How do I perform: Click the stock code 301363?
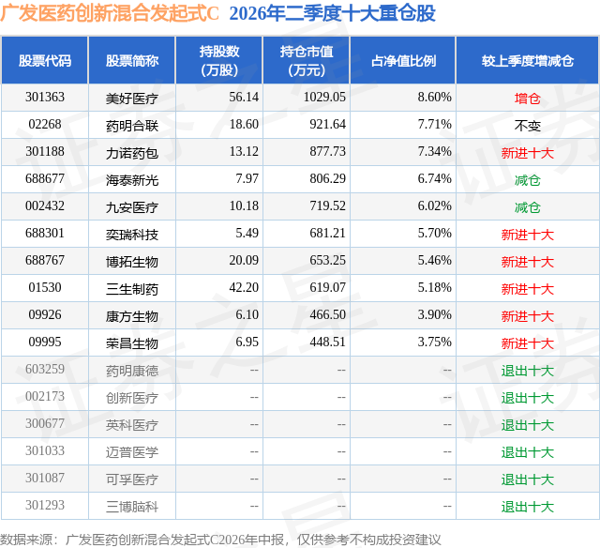(x=45, y=98)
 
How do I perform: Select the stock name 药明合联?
(x=132, y=125)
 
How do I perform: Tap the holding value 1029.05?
(x=324, y=98)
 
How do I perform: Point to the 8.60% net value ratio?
(x=435, y=98)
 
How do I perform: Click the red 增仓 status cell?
(x=527, y=99)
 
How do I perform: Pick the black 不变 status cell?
(x=527, y=126)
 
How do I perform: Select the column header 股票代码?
(x=45, y=60)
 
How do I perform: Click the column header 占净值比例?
(x=403, y=60)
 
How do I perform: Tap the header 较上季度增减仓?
(x=527, y=60)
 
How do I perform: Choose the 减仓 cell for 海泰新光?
(x=527, y=180)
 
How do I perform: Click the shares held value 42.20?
(x=244, y=287)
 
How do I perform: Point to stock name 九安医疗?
(x=132, y=207)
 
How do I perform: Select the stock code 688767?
(x=45, y=261)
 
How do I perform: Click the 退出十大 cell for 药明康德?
(x=527, y=371)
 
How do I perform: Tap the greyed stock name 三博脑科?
(x=132, y=507)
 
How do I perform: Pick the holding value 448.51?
(x=327, y=342)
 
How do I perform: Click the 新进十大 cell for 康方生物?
(x=527, y=316)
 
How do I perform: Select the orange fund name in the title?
(x=110, y=13)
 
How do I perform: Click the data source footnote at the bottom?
(x=220, y=540)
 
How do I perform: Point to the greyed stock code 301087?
(x=45, y=478)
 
